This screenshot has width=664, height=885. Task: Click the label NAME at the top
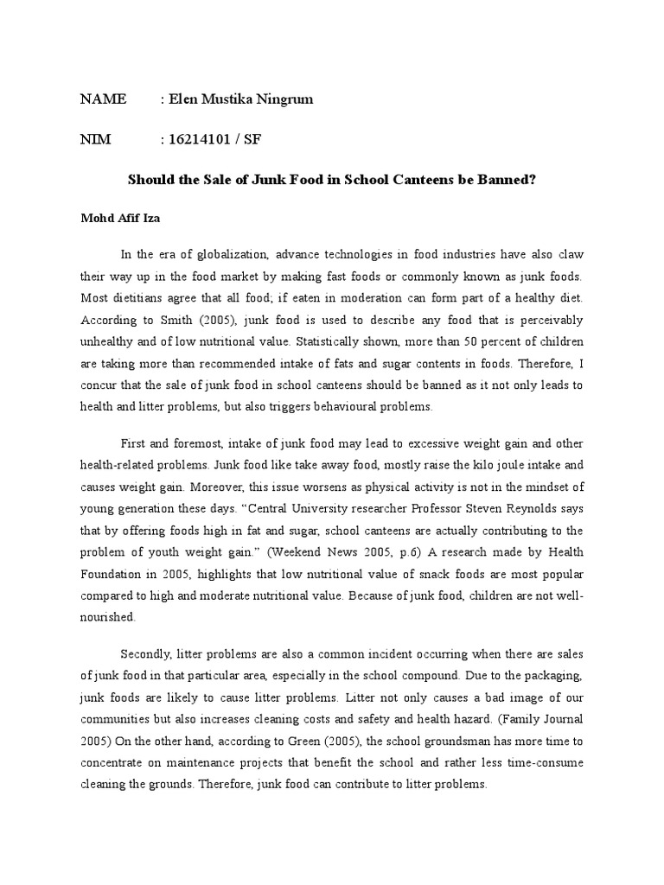pyautogui.click(x=103, y=99)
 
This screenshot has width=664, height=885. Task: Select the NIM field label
pyautogui.click(x=96, y=140)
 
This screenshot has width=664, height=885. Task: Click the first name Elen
pyautogui.click(x=186, y=99)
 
